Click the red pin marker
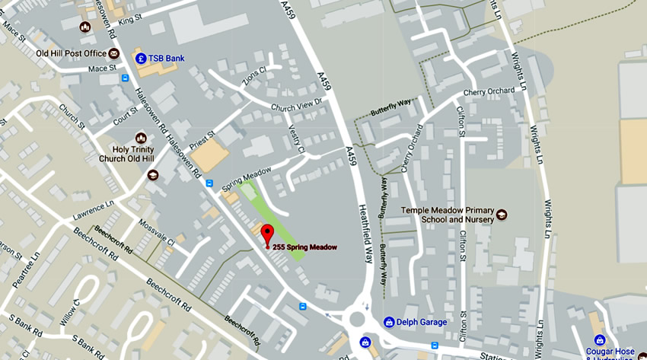(x=266, y=234)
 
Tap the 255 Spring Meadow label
(x=305, y=247)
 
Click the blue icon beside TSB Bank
(x=141, y=58)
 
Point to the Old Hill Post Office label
(x=72, y=53)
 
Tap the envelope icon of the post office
(x=113, y=53)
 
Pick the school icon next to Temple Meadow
(x=501, y=215)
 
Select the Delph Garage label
(x=423, y=322)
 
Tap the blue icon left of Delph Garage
(x=389, y=322)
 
